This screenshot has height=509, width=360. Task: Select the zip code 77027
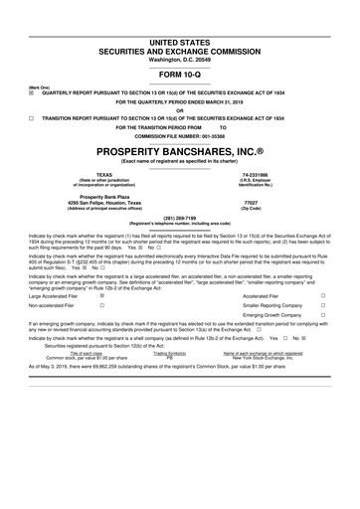251,203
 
